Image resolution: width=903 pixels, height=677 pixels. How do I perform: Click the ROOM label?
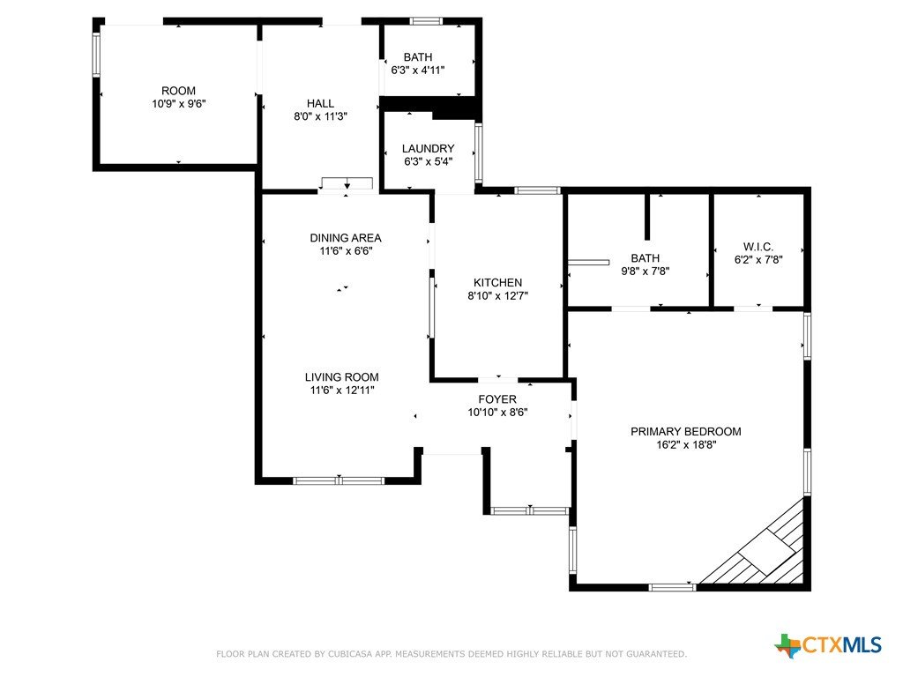[x=178, y=91]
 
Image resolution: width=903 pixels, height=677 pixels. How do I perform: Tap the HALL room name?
[x=320, y=104]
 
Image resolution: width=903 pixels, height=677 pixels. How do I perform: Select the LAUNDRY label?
[x=428, y=148]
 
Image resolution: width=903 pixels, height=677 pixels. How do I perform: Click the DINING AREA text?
[x=346, y=238]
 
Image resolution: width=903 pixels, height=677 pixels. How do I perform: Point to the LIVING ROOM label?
[x=341, y=377]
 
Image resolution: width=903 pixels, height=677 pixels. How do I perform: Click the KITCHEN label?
[x=497, y=283]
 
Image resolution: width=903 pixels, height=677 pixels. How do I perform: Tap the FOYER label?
[x=497, y=399]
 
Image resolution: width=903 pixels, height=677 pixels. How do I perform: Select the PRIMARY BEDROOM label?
[x=685, y=432]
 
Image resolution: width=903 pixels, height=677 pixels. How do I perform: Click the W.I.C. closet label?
[x=757, y=247]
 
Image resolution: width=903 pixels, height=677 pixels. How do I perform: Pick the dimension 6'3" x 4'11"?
[x=417, y=71]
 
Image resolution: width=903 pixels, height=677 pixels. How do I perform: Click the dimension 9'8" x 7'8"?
[x=645, y=272]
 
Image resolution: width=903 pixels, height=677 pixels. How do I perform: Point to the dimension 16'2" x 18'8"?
[x=685, y=444]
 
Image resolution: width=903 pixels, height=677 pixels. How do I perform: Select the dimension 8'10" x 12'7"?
[x=497, y=296]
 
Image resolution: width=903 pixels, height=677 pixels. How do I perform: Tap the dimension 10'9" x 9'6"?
[x=178, y=104]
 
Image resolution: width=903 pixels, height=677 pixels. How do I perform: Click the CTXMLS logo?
[x=828, y=644]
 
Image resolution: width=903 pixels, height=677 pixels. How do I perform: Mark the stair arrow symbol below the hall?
[x=347, y=184]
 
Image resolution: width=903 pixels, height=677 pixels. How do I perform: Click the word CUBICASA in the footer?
[x=351, y=654]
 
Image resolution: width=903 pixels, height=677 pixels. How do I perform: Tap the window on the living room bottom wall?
[x=339, y=480]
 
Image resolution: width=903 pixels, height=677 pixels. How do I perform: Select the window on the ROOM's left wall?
[x=96, y=55]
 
